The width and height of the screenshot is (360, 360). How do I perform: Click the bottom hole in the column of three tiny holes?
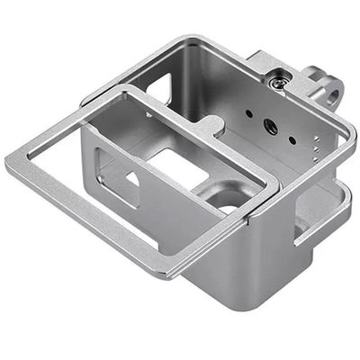(x=314, y=155)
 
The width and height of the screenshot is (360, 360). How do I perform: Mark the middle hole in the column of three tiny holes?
(x=315, y=147)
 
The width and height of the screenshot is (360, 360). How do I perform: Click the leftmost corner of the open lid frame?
(x=9, y=163)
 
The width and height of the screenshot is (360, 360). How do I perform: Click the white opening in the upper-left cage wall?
(x=158, y=88)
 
